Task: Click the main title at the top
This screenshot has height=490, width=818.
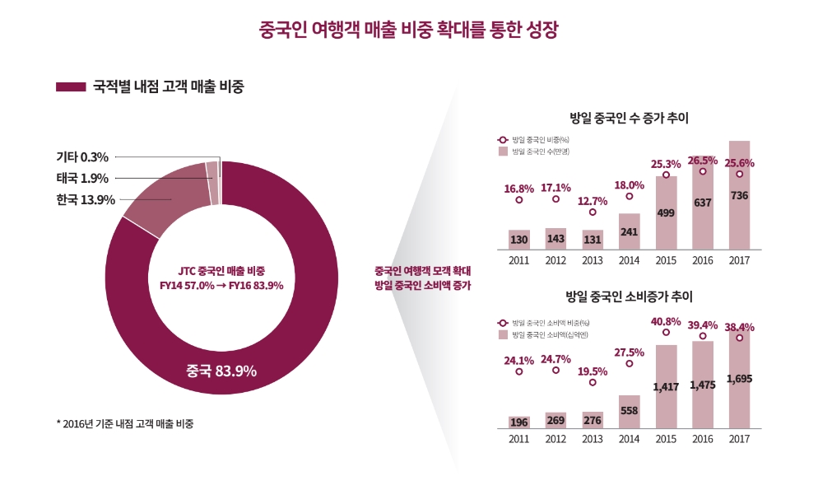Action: (x=409, y=31)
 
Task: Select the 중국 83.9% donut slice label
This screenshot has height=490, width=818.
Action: (x=221, y=371)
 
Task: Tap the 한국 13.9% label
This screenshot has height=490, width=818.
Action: (x=86, y=199)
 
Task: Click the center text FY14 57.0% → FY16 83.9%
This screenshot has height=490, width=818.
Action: (x=221, y=286)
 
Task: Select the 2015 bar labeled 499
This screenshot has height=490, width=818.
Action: (x=666, y=212)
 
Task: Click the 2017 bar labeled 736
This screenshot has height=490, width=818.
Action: (x=739, y=195)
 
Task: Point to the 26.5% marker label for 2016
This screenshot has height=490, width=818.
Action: (x=702, y=161)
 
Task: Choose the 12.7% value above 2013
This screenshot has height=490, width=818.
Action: (x=593, y=200)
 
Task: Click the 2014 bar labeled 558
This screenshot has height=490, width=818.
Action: (x=629, y=411)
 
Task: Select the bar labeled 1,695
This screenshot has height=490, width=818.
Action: (x=739, y=379)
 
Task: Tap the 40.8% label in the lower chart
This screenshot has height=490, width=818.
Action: (x=666, y=321)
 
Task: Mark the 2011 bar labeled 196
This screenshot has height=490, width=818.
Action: (x=518, y=422)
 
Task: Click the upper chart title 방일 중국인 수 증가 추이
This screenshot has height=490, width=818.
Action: (x=629, y=119)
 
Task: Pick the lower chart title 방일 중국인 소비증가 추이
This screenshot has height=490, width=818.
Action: (x=629, y=296)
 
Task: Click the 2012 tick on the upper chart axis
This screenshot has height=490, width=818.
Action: (x=555, y=260)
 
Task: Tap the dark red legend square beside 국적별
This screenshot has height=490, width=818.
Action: (x=71, y=86)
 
